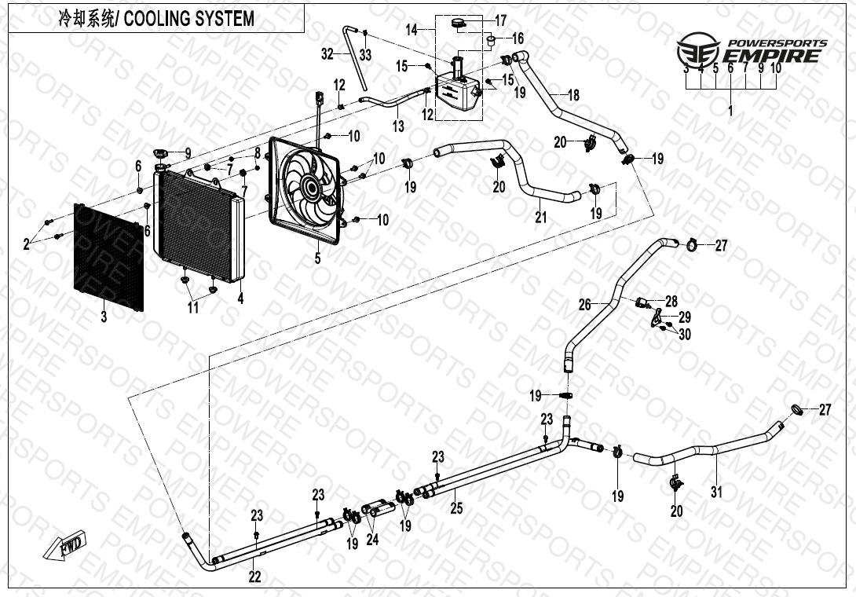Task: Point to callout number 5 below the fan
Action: coord(318,258)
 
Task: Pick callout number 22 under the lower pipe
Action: coord(254,576)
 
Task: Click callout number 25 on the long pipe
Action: coord(456,508)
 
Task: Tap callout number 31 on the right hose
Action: coord(715,493)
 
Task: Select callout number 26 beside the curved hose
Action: coord(584,303)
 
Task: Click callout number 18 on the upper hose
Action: coord(573,95)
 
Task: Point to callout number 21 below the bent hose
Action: coord(540,217)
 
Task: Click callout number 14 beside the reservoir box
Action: coord(411,30)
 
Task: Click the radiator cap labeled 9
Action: coord(163,152)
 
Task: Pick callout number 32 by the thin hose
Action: coord(327,53)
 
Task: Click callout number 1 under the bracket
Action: coord(730,112)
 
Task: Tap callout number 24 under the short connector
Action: coord(372,540)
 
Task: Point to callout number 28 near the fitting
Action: coord(671,300)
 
